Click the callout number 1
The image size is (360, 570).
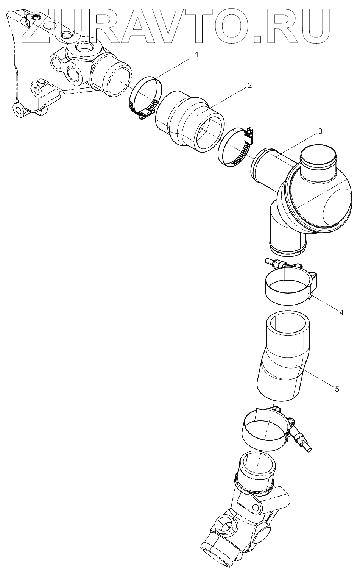pyautogui.click(x=196, y=55)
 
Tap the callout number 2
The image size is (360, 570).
pyautogui.click(x=249, y=85)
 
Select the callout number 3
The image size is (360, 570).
pyautogui.click(x=320, y=131)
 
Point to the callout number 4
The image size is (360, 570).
pyautogui.click(x=341, y=312)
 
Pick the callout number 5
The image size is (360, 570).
pyautogui.click(x=337, y=396)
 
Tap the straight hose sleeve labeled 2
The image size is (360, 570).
pyautogui.click(x=190, y=122)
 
